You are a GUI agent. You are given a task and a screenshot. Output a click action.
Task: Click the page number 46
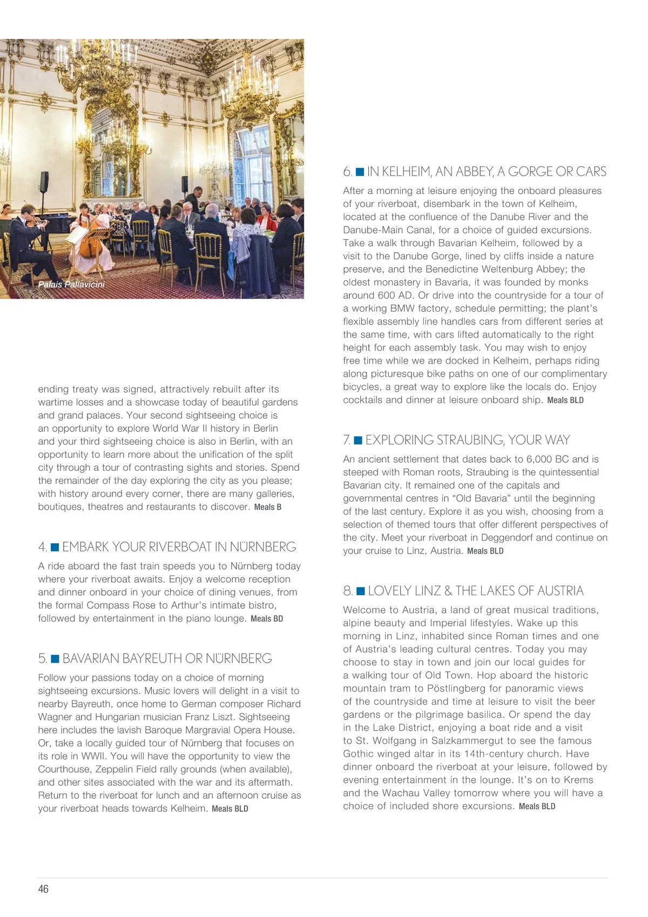click(x=43, y=889)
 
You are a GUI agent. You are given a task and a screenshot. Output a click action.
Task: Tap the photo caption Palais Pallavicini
click(x=71, y=284)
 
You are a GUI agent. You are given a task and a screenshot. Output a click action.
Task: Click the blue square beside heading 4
click(x=55, y=548)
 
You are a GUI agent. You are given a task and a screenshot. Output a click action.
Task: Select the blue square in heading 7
click(x=357, y=441)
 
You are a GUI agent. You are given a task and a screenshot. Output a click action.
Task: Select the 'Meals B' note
click(x=268, y=507)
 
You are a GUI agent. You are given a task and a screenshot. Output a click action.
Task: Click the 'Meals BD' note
click(x=267, y=619)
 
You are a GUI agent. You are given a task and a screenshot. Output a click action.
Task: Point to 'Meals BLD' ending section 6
click(x=565, y=400)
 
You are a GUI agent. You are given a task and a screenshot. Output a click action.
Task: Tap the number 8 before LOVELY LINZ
click(x=347, y=591)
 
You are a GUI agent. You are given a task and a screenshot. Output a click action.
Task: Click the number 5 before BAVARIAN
click(x=42, y=659)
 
